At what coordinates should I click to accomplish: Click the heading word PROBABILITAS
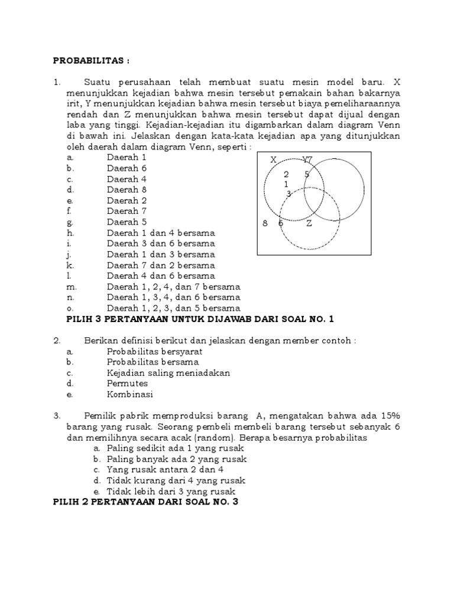(x=90, y=60)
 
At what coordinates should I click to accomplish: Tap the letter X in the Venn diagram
(x=273, y=160)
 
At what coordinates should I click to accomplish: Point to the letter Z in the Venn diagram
(x=309, y=223)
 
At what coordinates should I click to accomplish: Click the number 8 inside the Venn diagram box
(x=265, y=223)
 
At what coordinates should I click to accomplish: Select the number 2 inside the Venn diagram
(x=286, y=174)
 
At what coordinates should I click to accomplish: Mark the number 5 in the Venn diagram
(x=307, y=174)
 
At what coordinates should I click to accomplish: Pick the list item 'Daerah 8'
(x=126, y=190)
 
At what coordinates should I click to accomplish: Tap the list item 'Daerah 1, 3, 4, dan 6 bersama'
(x=173, y=297)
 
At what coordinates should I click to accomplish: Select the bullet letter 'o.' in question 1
(x=70, y=308)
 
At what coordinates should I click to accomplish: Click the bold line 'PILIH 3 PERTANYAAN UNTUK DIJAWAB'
(x=201, y=319)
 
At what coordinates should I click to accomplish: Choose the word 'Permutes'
(x=127, y=383)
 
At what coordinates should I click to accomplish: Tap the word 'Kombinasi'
(x=129, y=394)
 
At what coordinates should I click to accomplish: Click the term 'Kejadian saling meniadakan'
(x=168, y=373)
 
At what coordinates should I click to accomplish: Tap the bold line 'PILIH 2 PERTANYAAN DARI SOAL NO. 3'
(x=146, y=502)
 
